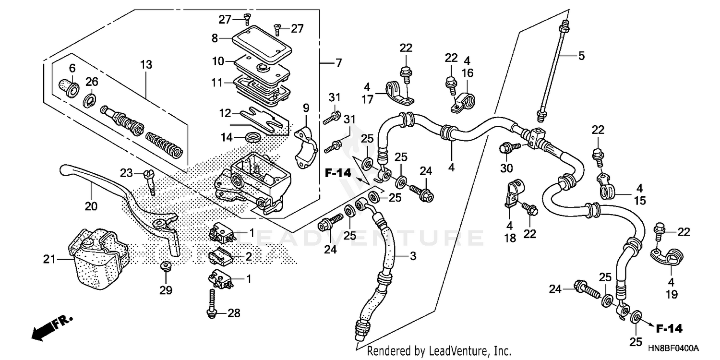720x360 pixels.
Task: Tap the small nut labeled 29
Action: click(x=165, y=265)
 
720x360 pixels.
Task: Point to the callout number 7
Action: click(x=338, y=63)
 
